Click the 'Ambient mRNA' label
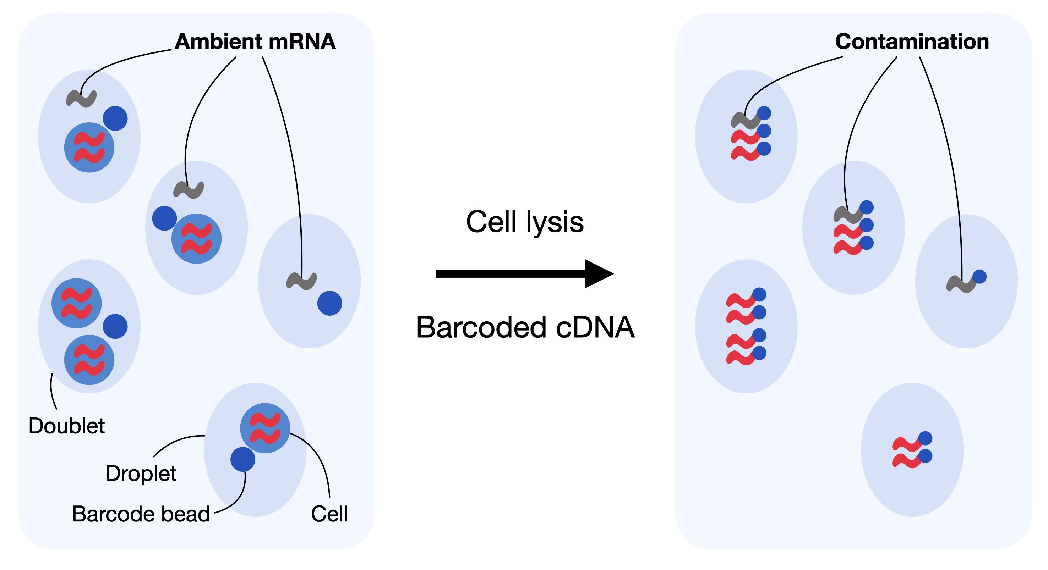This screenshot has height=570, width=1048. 255,41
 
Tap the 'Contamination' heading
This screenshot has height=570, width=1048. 912,41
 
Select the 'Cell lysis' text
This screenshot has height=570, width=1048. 524,222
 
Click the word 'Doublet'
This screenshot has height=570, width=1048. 67,426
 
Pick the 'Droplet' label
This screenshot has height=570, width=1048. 141,473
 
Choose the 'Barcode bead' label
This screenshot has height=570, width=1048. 141,514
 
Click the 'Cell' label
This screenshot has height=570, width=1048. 329,514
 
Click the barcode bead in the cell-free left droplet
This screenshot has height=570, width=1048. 329,303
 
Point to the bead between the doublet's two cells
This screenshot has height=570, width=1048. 115,326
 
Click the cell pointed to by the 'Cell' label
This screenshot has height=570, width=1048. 265,428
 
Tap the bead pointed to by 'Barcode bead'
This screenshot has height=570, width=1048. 243,459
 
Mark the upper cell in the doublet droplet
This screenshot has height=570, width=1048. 76,303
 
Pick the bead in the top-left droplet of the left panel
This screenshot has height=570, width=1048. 115,118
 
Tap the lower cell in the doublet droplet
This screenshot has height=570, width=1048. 89,360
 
